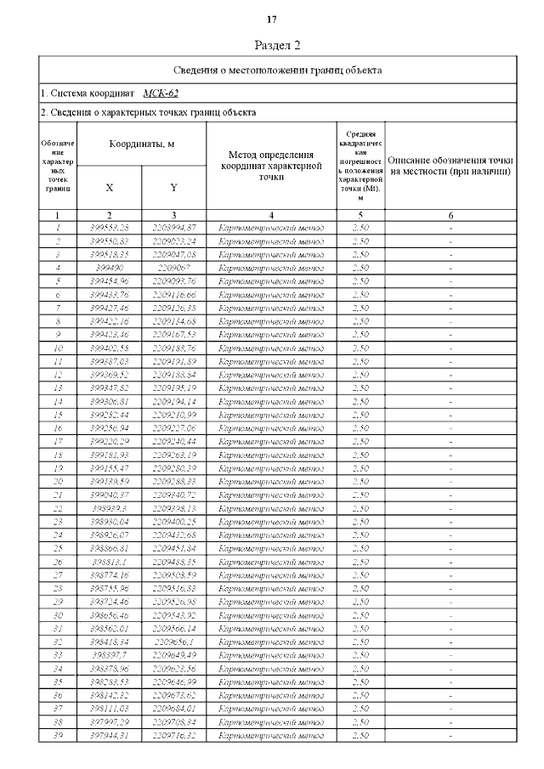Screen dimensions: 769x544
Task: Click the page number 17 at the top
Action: point(272,20)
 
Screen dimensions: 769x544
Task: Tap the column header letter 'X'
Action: point(110,187)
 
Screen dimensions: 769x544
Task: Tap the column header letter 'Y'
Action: point(173,187)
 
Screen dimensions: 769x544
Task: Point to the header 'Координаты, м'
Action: point(141,145)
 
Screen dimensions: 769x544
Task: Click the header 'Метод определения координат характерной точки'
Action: point(271,165)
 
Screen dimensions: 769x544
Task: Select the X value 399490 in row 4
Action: point(110,268)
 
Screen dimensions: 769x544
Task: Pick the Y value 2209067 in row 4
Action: point(174,268)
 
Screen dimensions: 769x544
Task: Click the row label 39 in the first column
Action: point(58,735)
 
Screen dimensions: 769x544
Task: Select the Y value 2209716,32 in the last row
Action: point(174,735)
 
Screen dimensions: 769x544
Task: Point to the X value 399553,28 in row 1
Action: point(110,228)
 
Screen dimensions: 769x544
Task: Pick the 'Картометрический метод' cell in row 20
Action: point(271,481)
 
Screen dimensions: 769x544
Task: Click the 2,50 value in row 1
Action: point(360,228)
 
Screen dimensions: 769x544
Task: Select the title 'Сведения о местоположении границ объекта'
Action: point(277,70)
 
